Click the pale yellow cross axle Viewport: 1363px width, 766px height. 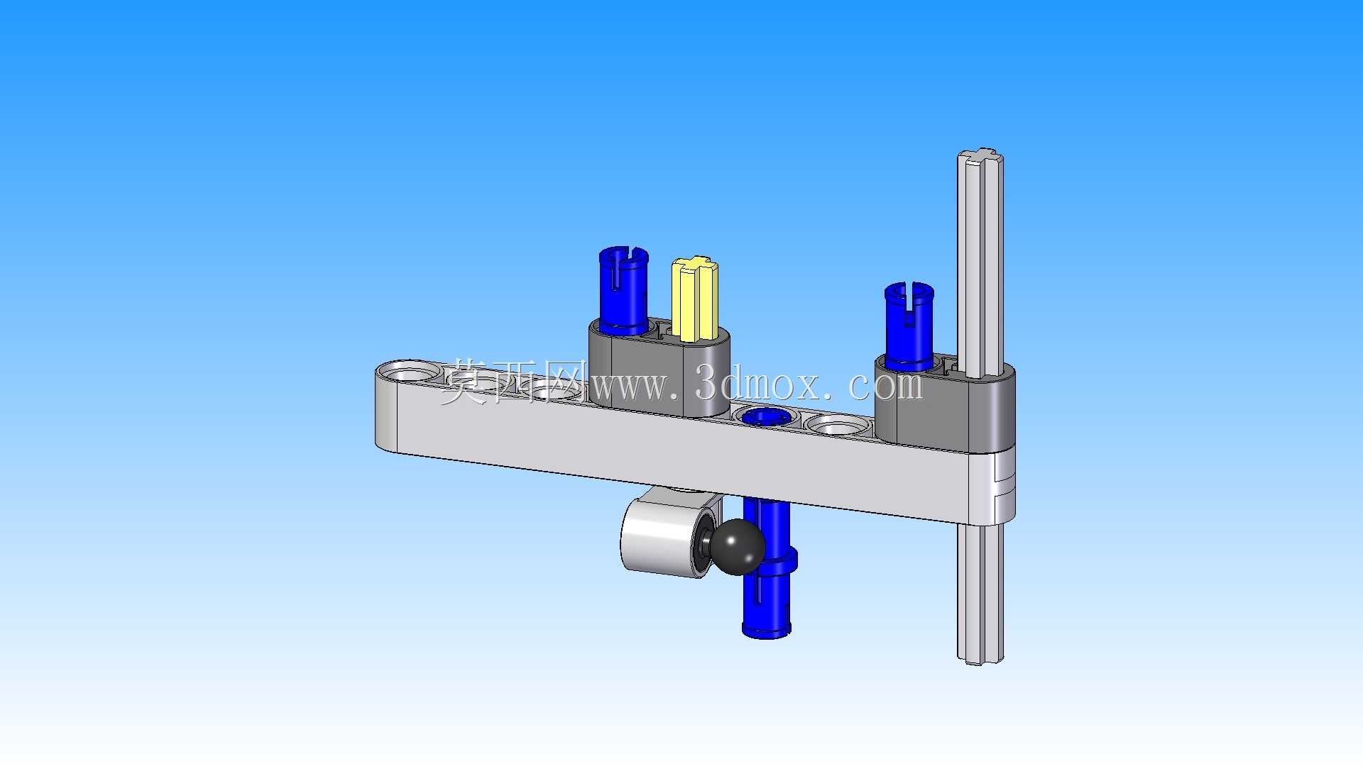click(x=695, y=299)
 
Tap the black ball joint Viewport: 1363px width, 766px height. click(x=738, y=547)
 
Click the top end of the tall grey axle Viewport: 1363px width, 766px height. click(x=980, y=157)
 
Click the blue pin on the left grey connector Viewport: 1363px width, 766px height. click(x=623, y=291)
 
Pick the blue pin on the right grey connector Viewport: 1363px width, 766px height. click(x=909, y=326)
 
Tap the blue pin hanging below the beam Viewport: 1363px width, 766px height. click(x=767, y=568)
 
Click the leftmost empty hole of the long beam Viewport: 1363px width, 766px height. click(x=407, y=372)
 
